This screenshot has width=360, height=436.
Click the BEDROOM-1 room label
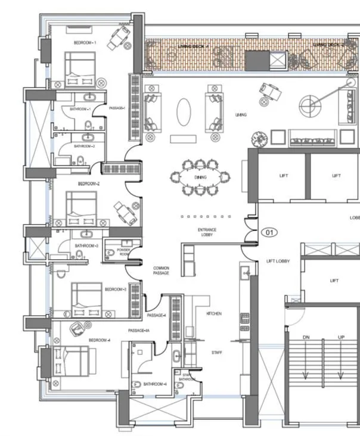pos(85,43)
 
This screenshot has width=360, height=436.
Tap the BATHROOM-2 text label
pos(84,146)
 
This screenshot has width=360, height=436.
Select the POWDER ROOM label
pos(123,252)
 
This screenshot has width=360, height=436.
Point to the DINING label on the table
pos(200,177)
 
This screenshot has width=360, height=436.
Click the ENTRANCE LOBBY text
pos(207,232)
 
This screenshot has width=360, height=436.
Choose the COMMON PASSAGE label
pos(161,270)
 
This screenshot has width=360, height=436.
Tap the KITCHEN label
pos(214,313)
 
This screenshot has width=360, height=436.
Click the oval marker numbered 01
pos(269,232)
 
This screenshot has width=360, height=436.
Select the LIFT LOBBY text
pos(278,261)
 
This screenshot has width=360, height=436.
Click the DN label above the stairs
pos(306,338)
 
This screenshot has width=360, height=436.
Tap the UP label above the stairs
pos(341,338)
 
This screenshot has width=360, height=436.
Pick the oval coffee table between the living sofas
pos(184,112)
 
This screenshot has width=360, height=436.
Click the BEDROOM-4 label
pos(100,340)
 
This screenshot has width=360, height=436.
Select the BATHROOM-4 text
pos(155,384)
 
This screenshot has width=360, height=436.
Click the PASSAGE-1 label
pos(117,108)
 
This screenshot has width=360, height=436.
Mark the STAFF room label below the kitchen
pos(216,353)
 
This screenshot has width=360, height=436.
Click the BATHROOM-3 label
pos(86,245)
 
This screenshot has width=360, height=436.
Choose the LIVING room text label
pos(241,114)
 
